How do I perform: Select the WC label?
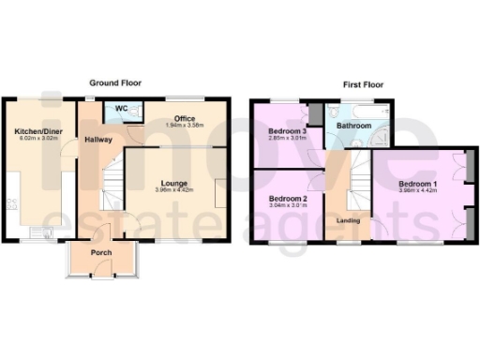[121, 109]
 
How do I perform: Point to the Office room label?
[184, 118]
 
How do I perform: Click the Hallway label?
[98, 140]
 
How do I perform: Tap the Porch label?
[100, 254]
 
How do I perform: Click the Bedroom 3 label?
[288, 130]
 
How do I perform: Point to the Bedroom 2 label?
[288, 199]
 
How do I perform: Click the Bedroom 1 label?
[417, 183]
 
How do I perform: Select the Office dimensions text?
[184, 126]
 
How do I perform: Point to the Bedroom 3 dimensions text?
[288, 139]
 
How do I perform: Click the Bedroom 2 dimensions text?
[288, 207]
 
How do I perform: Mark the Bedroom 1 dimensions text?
[417, 191]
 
